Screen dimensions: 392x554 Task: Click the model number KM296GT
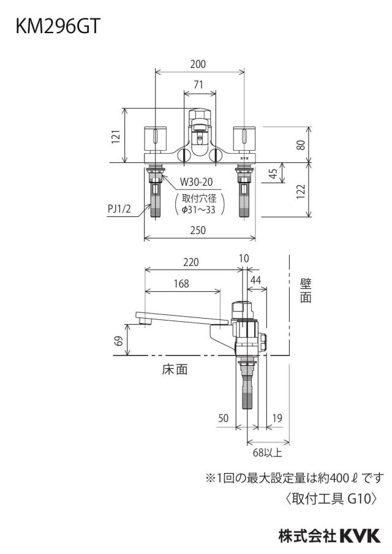pyautogui.click(x=58, y=26)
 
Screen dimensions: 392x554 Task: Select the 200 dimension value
pyautogui.click(x=198, y=64)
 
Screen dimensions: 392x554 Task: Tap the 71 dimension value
pyautogui.click(x=198, y=85)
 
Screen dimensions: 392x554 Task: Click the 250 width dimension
pyautogui.click(x=198, y=230)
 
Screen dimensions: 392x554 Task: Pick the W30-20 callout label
pyautogui.click(x=197, y=182)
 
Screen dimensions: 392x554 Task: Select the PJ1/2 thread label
pyautogui.click(x=119, y=209)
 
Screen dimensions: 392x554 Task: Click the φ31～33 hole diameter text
pyautogui.click(x=198, y=210)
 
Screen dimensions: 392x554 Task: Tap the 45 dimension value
pyautogui.click(x=273, y=174)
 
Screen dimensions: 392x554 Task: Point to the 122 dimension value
pyautogui.click(x=301, y=191)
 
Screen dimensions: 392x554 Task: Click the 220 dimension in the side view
pyautogui.click(x=191, y=262)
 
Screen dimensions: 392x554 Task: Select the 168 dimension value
pyautogui.click(x=181, y=283)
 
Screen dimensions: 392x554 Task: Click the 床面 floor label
pyautogui.click(x=175, y=370)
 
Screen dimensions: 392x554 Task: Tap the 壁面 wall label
pyautogui.click(x=306, y=290)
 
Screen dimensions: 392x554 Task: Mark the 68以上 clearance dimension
pyautogui.click(x=267, y=453)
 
